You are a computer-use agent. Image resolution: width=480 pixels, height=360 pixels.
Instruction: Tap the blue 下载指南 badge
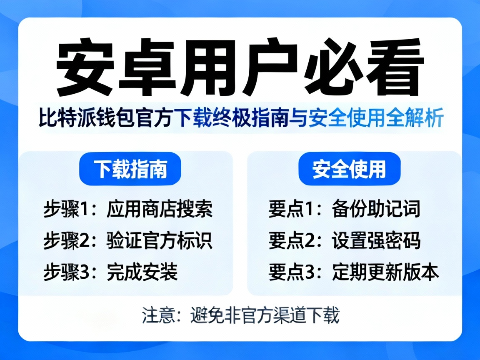(x=130, y=170)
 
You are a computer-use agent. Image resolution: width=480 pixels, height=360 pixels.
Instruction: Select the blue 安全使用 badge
(x=349, y=170)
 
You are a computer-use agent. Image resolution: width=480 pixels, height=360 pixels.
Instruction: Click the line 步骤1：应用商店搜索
(x=128, y=210)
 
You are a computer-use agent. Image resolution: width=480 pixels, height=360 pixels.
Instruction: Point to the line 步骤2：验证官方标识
(x=128, y=240)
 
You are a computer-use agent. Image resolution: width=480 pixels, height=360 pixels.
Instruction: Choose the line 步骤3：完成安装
(x=111, y=272)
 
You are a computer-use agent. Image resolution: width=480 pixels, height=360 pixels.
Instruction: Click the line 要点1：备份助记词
(x=344, y=210)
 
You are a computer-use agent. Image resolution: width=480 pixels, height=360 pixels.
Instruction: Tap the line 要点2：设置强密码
(x=344, y=240)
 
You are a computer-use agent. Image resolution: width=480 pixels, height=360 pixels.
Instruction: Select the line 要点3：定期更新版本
(x=354, y=272)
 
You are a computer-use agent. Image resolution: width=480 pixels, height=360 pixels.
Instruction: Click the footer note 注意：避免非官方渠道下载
(x=240, y=315)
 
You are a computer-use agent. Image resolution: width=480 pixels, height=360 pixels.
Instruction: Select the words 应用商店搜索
(x=160, y=210)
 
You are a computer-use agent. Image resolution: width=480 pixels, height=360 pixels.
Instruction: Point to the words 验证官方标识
(x=160, y=240)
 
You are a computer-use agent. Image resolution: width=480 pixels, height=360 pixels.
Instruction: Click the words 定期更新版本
(x=385, y=272)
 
